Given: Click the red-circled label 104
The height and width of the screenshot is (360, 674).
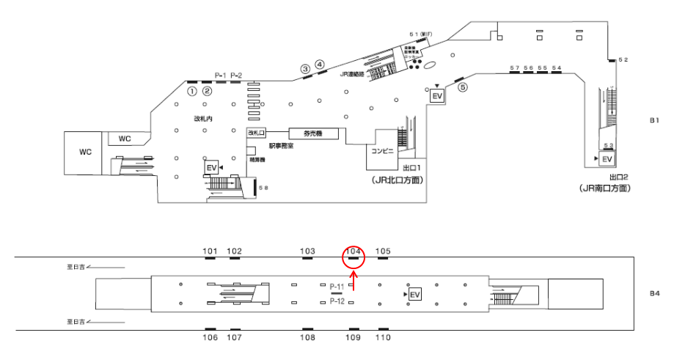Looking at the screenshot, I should click(x=354, y=251).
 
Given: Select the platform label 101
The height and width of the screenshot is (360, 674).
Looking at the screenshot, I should click(x=210, y=251).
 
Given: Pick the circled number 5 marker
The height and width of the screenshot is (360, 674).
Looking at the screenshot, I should click(x=462, y=87).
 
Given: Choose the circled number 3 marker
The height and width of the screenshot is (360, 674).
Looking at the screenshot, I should click(x=305, y=69).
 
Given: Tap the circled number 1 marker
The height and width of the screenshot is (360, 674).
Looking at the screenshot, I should click(x=191, y=92).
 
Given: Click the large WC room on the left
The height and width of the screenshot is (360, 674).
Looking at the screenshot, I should click(x=85, y=152).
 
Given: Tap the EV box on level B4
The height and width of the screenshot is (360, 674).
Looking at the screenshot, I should click(x=415, y=294).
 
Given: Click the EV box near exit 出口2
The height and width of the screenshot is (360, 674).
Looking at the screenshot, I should click(x=607, y=159).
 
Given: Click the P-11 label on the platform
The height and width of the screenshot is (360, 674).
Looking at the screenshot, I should click(x=337, y=286).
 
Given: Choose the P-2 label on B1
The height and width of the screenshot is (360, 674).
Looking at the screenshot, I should click(x=236, y=75).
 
